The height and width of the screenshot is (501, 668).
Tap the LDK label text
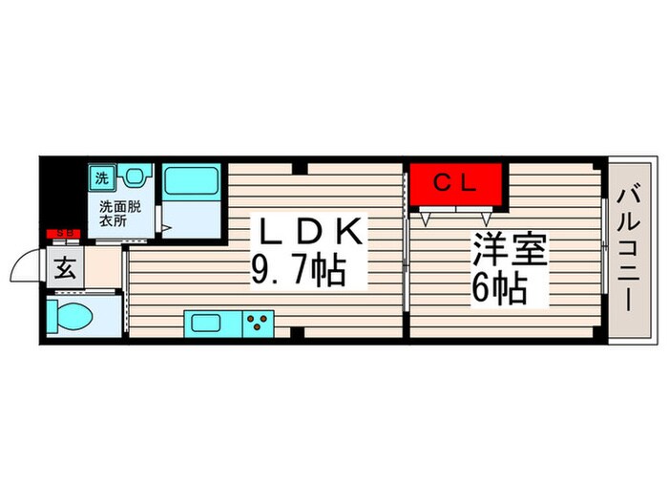coord(306,232)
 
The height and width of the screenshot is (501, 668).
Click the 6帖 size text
coord(498,289)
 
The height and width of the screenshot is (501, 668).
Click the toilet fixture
coord(72,315)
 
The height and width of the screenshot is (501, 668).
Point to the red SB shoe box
coord(65,232)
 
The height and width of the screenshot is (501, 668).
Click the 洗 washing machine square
coord(101,176)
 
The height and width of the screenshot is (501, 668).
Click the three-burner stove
coord(258,323)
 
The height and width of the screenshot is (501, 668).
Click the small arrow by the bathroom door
coord(166,228)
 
